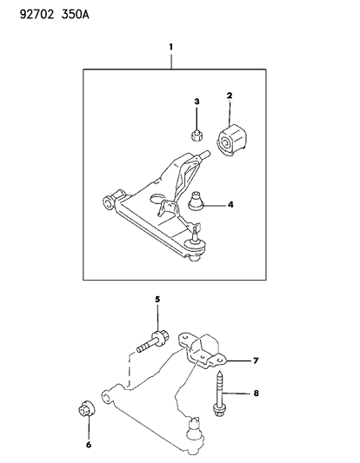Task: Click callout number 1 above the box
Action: click(x=170, y=47)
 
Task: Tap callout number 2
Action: click(x=230, y=96)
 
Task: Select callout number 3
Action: click(x=197, y=102)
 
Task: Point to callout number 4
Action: click(x=230, y=204)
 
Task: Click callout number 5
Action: click(x=157, y=300)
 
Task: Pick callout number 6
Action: click(x=89, y=445)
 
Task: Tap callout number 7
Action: click(x=256, y=360)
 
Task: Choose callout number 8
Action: click(x=256, y=394)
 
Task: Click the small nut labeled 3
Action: click(x=197, y=136)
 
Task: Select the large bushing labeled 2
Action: click(x=231, y=141)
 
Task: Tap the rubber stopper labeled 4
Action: click(x=196, y=201)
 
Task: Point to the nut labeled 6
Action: click(x=87, y=408)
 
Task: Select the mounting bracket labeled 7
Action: click(x=203, y=351)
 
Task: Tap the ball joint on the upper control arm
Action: click(x=195, y=246)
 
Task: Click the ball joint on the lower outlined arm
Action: click(x=195, y=432)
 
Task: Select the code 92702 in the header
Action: click(x=37, y=14)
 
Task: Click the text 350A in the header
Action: click(x=75, y=14)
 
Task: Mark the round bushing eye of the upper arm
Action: click(x=108, y=203)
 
